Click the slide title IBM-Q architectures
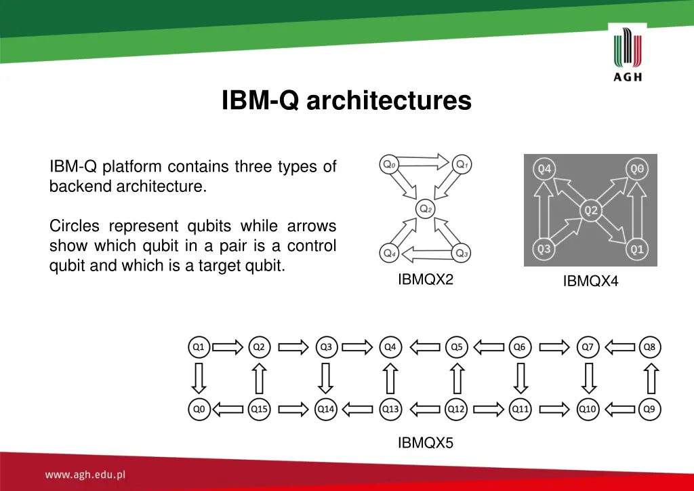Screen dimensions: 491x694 (x=346, y=101)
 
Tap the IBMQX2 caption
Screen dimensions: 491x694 (x=426, y=279)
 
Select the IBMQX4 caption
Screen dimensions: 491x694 (x=590, y=281)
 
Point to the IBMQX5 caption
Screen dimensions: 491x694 (x=426, y=443)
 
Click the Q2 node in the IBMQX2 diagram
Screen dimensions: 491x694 (x=426, y=209)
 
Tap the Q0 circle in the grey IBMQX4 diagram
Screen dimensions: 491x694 (x=636, y=169)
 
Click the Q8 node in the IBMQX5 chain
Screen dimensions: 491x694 (x=650, y=347)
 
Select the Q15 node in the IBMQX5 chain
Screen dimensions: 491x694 (x=259, y=409)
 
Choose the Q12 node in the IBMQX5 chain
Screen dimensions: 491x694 (x=456, y=409)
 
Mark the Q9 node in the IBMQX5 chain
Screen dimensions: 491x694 (x=650, y=409)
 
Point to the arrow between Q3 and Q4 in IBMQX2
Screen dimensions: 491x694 (x=426, y=254)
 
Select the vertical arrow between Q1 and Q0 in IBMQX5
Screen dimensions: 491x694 (x=199, y=378)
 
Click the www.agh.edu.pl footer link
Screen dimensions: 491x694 (x=85, y=475)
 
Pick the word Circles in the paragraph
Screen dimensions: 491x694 (x=75, y=226)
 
